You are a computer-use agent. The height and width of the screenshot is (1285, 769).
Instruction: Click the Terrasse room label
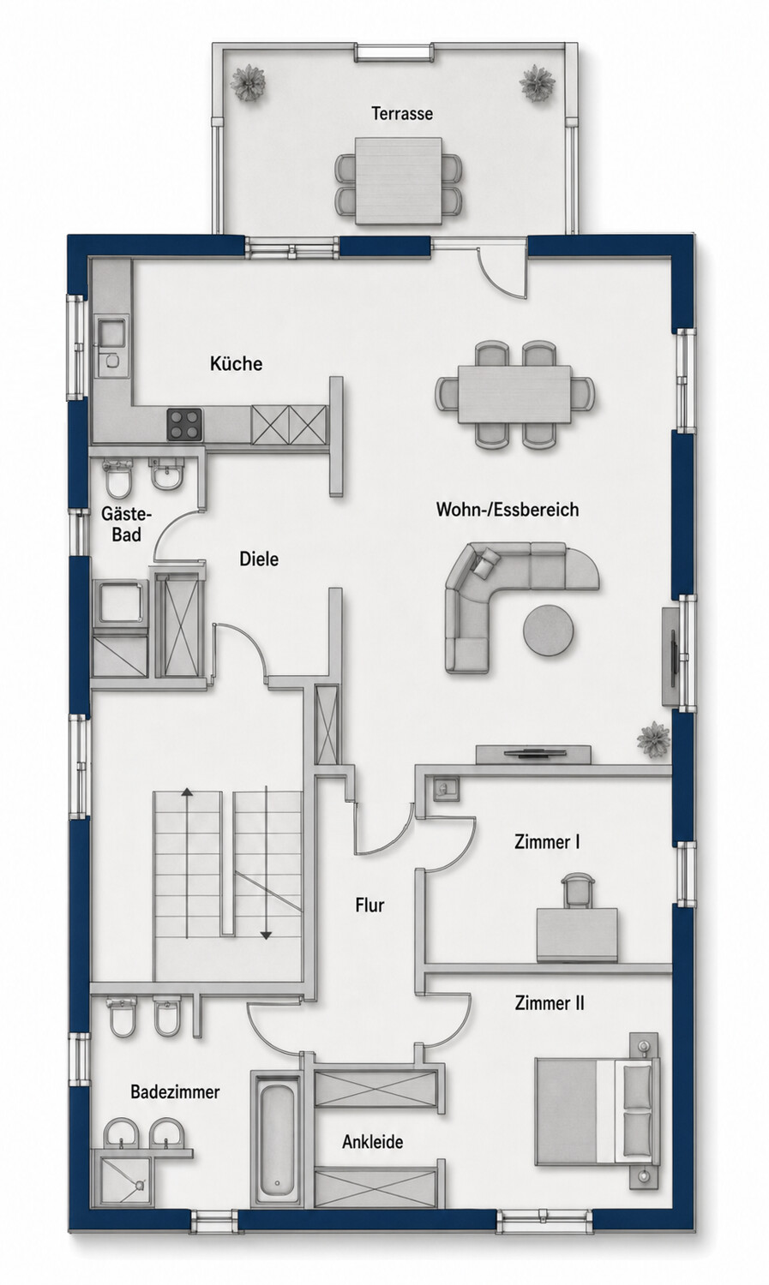tap(402, 114)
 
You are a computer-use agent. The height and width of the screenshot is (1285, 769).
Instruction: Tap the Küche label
tap(236, 363)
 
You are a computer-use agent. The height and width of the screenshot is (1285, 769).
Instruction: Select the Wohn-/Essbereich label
tap(508, 510)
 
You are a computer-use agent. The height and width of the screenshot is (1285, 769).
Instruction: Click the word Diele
tap(259, 559)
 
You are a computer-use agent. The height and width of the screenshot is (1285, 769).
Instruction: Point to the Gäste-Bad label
tap(126, 524)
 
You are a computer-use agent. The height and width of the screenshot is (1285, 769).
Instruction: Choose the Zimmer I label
tap(547, 842)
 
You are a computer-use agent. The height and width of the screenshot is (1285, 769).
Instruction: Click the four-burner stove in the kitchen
tap(185, 424)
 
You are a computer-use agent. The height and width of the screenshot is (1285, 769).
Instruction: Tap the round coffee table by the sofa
tap(548, 630)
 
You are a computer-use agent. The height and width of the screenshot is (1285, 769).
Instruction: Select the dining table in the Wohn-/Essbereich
tap(514, 394)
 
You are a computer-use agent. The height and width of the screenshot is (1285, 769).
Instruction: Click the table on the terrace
tap(399, 181)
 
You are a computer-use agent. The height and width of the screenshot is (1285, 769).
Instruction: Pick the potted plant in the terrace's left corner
tap(248, 83)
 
